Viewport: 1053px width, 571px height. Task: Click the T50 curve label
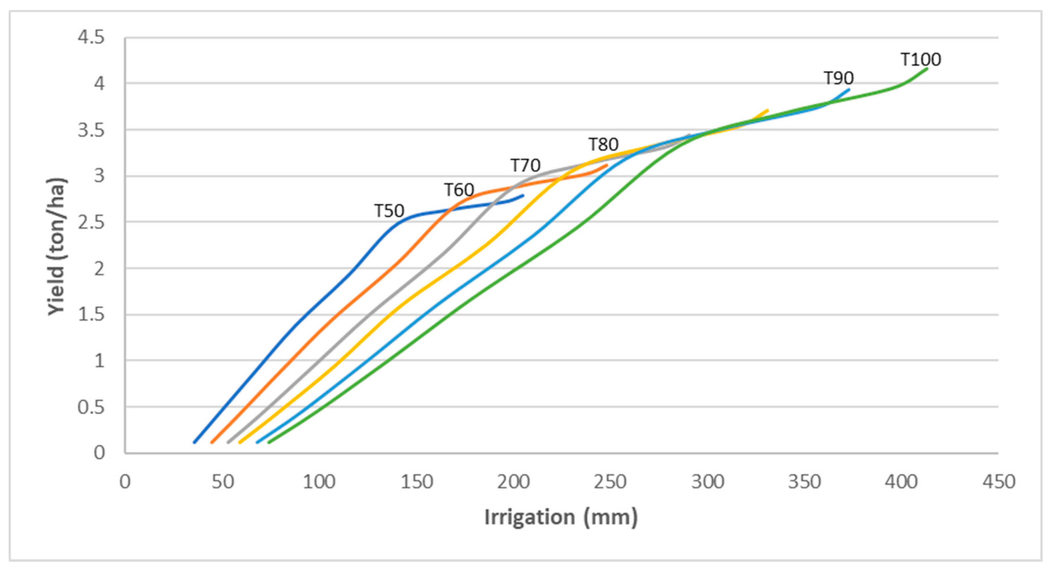[389, 211]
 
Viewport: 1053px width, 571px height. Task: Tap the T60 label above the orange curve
[459, 190]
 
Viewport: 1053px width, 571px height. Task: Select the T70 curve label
[525, 166]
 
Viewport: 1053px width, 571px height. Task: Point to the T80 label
[603, 145]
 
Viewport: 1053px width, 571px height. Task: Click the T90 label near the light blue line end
[838, 78]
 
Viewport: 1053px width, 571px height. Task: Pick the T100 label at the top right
[921, 60]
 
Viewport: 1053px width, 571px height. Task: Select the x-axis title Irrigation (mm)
[561, 517]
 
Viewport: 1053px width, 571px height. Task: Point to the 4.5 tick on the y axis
[91, 38]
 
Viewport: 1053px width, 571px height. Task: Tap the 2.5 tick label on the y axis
[91, 223]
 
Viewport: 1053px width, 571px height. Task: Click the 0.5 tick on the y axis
[91, 408]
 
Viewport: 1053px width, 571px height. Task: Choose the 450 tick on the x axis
[999, 482]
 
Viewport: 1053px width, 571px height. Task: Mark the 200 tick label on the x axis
[513, 482]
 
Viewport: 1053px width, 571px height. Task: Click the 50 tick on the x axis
[223, 482]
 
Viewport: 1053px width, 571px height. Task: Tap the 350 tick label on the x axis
[804, 482]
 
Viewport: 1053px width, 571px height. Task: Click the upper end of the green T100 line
[927, 69]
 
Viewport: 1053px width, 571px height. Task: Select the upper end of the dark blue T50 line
[523, 195]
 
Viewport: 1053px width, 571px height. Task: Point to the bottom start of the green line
[269, 442]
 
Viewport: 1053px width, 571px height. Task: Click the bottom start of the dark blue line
[194, 442]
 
